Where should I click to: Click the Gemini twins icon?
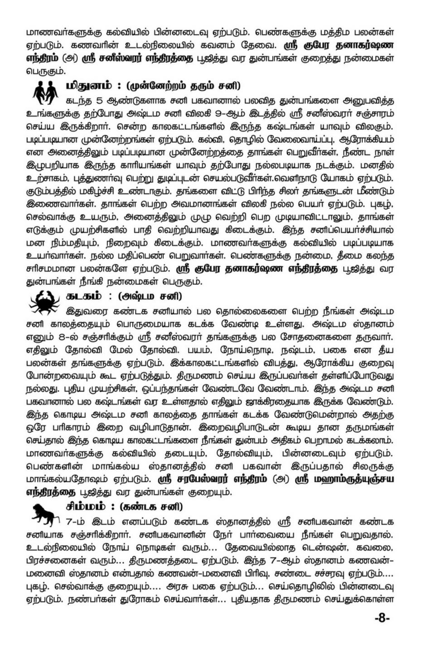coord(45,93)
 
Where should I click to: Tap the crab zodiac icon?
coord(44,302)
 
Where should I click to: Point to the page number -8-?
coord(382,618)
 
